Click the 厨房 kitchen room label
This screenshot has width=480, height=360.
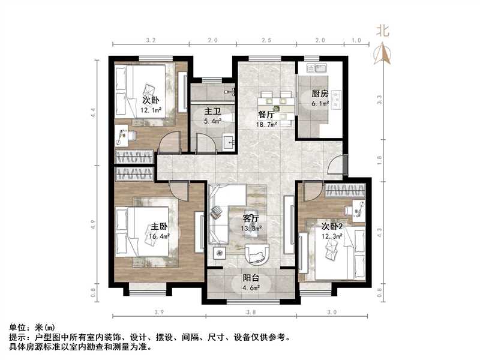(320, 94)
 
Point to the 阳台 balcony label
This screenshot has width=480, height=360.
(251, 278)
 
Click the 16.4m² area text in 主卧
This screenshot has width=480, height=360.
(160, 236)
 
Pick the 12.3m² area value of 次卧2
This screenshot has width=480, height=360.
(333, 236)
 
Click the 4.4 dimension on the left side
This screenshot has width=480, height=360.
(94, 112)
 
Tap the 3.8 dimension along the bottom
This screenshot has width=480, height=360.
(251, 312)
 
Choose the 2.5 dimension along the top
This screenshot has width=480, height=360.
(266, 40)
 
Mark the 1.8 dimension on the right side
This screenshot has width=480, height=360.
(379, 158)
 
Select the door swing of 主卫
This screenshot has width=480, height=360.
(206, 143)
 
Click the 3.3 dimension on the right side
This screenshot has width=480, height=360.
(379, 99)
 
